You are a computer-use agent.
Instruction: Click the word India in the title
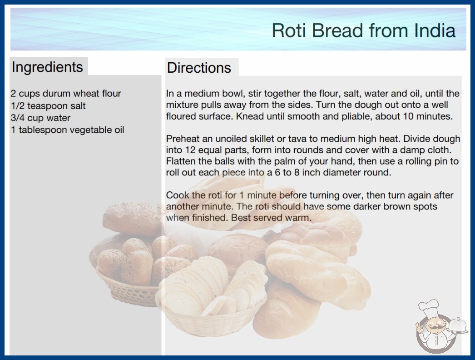[435, 30]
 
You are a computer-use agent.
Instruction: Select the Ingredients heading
[47, 67]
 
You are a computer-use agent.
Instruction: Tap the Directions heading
[199, 68]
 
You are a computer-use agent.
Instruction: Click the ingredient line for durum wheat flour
[66, 94]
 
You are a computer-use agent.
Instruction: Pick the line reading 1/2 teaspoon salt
[48, 105]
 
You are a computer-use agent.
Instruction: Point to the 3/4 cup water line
[40, 118]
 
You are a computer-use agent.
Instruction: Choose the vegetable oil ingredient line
[68, 130]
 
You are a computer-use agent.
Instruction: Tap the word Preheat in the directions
[183, 139]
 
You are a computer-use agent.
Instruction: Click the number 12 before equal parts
[190, 150]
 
